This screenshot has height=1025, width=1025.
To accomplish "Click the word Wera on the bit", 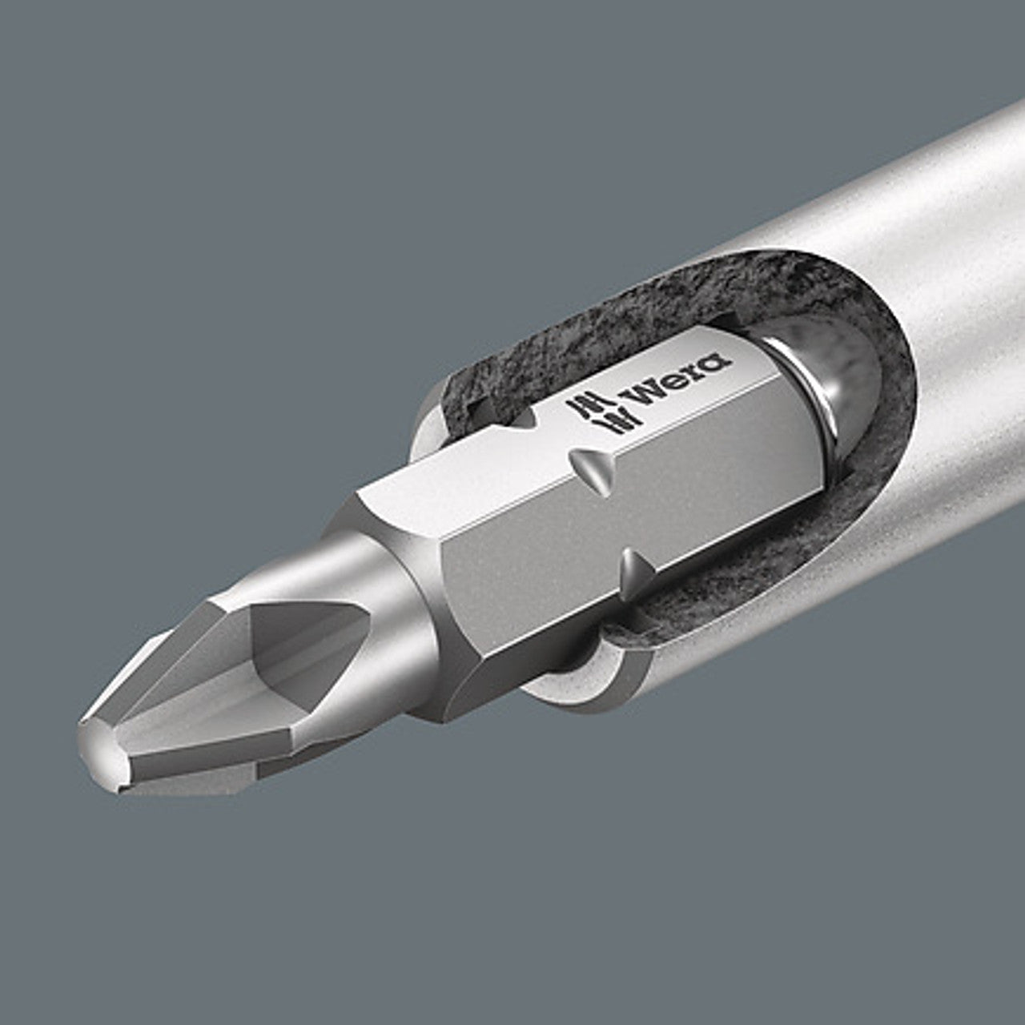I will tap(677, 380).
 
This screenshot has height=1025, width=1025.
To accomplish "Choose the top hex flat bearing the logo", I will tap(561, 448).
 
